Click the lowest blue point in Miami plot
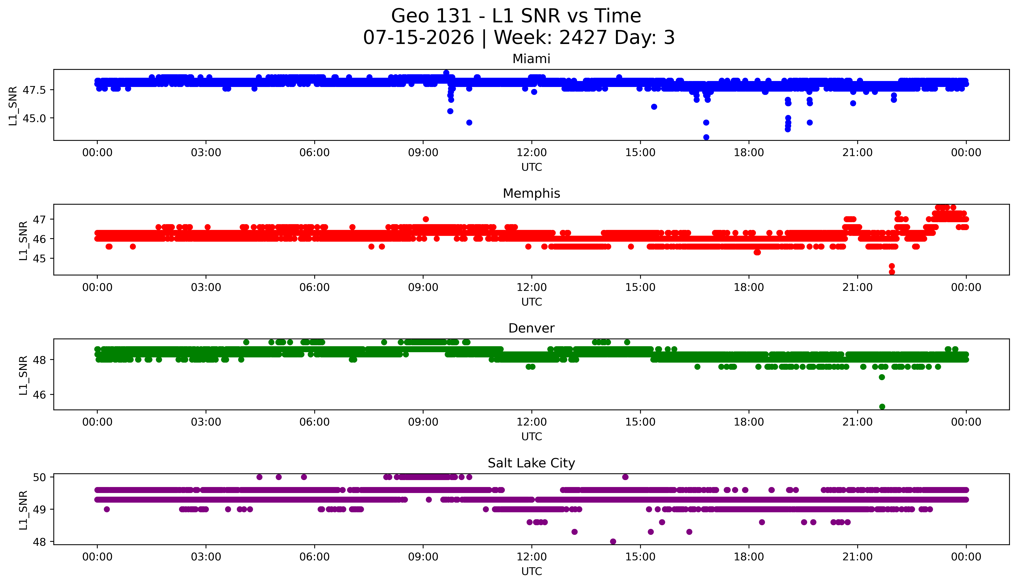click(706, 137)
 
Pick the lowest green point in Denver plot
click(882, 407)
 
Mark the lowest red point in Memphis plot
click(892, 272)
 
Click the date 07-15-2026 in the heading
click(419, 38)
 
